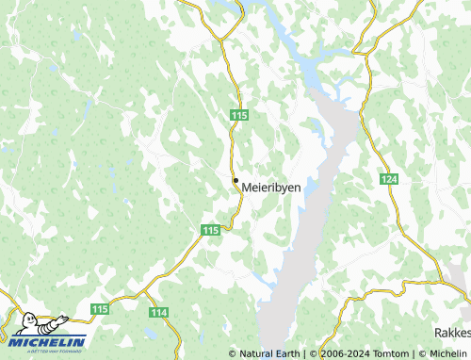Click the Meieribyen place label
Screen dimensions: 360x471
[x=272, y=188]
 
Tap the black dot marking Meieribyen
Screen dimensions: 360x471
[x=235, y=180]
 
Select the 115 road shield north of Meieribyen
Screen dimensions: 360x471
[x=238, y=114]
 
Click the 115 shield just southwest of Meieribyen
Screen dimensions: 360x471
[x=210, y=230]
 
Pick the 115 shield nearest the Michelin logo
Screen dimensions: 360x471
[x=101, y=309]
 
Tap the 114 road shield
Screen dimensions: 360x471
[x=158, y=312]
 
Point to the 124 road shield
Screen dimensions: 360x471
[x=389, y=178]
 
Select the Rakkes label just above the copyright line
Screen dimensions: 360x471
[x=452, y=334]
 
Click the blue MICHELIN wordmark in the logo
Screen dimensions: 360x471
[x=50, y=341]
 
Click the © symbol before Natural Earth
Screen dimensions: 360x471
[x=232, y=353]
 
